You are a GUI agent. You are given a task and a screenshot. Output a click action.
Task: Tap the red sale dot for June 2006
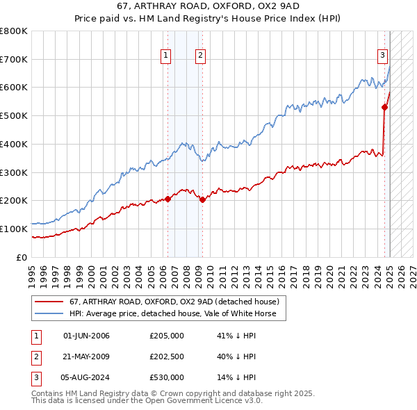[x=167, y=199]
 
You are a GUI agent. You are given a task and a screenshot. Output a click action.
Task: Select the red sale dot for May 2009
[x=202, y=199]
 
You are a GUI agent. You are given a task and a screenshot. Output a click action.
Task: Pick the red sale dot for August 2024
[x=384, y=107]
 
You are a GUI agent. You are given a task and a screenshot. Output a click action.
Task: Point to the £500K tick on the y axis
[x=16, y=115]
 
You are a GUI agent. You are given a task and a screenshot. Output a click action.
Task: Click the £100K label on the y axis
[x=16, y=229]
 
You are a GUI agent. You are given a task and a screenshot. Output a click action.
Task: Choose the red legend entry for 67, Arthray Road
[x=174, y=302]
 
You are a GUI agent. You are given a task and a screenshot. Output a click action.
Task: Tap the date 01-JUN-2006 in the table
[x=86, y=336]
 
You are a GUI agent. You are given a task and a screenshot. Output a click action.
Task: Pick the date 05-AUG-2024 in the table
[x=86, y=377]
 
